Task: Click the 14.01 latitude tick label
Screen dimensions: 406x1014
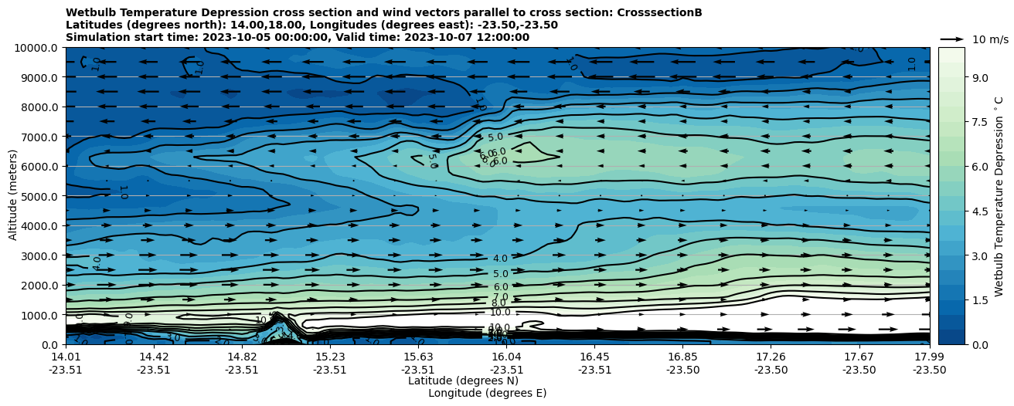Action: tap(66, 357)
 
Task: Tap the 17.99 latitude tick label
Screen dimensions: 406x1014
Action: tap(929, 357)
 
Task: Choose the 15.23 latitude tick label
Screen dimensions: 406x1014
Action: tap(330, 357)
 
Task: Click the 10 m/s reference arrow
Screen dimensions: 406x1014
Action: tap(952, 39)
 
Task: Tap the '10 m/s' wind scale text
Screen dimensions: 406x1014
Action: tap(990, 39)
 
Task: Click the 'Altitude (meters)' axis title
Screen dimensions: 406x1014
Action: tap(13, 196)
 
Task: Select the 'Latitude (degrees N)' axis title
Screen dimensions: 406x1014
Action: tap(463, 381)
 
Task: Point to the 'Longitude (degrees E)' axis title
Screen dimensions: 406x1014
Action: tap(487, 393)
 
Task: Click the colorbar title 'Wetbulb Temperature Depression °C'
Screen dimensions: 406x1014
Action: tap(999, 196)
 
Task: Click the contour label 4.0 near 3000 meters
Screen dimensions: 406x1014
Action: tap(500, 259)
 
